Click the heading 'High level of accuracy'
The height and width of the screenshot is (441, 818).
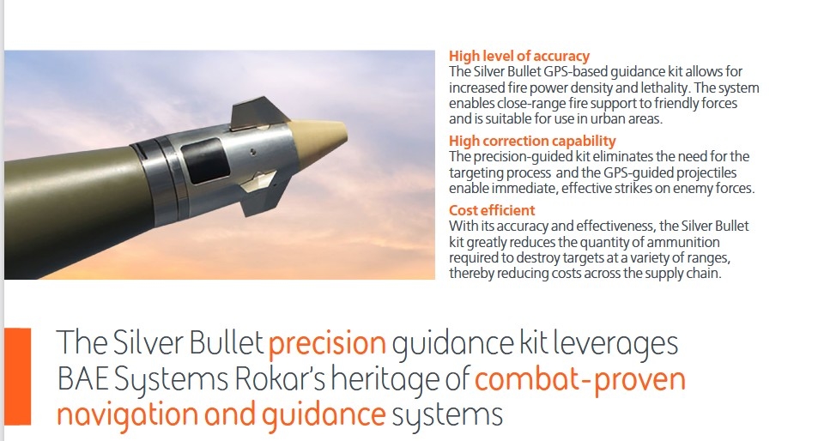519,56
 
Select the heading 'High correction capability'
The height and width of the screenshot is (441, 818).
532,141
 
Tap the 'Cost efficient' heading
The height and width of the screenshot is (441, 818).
492,210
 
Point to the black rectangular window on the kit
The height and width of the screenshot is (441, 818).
205,160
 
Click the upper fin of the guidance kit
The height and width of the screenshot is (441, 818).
257,112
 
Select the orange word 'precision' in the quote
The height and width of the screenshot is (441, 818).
327,344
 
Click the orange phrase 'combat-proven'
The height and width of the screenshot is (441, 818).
579,379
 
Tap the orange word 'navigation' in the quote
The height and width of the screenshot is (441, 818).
127,415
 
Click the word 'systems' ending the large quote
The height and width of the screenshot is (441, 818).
447,415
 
